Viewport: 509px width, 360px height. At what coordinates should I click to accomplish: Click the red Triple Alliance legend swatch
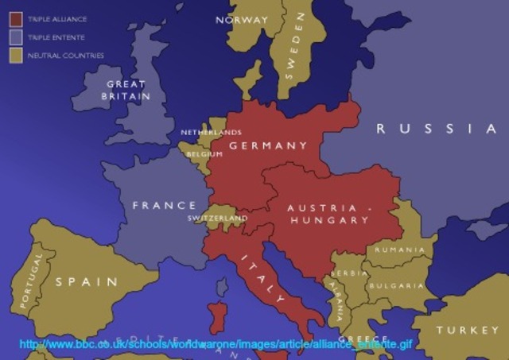15,18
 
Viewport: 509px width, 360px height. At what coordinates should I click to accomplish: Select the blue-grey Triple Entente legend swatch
15,37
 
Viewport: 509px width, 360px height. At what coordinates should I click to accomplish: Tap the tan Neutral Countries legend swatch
15,55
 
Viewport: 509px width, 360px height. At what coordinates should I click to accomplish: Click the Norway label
243,20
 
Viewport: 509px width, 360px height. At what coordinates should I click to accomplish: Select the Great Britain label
126,90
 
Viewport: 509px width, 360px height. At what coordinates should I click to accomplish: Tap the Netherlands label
211,132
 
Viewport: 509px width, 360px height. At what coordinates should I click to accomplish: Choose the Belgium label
204,154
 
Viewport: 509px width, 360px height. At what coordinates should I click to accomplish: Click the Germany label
268,145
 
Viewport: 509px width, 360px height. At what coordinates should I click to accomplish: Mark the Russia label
436,129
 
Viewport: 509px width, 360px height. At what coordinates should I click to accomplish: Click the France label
164,205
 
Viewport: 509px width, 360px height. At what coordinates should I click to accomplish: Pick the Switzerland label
217,218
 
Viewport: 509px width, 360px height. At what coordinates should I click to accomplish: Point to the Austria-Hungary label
328,214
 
